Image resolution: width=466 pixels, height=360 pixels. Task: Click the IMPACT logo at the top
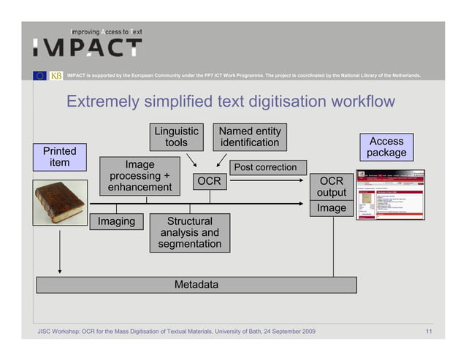click(x=88, y=45)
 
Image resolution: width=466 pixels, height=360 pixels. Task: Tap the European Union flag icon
click(x=39, y=75)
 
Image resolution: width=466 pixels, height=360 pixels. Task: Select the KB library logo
click(x=56, y=75)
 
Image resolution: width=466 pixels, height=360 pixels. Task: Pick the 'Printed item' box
click(x=59, y=156)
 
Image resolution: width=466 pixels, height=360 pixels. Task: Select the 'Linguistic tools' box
click(x=176, y=137)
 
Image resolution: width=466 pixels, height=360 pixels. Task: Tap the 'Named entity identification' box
click(x=250, y=137)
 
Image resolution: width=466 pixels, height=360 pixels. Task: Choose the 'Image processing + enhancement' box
click(x=140, y=176)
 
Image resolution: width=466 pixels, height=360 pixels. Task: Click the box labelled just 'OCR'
click(x=208, y=182)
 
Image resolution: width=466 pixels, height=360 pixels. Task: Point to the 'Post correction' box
click(x=265, y=167)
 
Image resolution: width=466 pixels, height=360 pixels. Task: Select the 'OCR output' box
click(x=331, y=186)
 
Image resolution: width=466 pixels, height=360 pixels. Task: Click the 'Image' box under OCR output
click(x=331, y=208)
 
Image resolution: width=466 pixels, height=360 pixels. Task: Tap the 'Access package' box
click(x=386, y=147)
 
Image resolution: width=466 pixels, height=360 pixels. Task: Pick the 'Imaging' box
click(x=116, y=221)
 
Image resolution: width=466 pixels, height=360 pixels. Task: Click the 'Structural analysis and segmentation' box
click(x=190, y=232)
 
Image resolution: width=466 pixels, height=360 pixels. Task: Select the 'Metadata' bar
click(x=196, y=284)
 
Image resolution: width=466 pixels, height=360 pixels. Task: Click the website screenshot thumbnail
click(x=389, y=196)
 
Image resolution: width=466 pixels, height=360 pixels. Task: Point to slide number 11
click(x=429, y=332)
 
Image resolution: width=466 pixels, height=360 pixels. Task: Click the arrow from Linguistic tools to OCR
click(x=191, y=159)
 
